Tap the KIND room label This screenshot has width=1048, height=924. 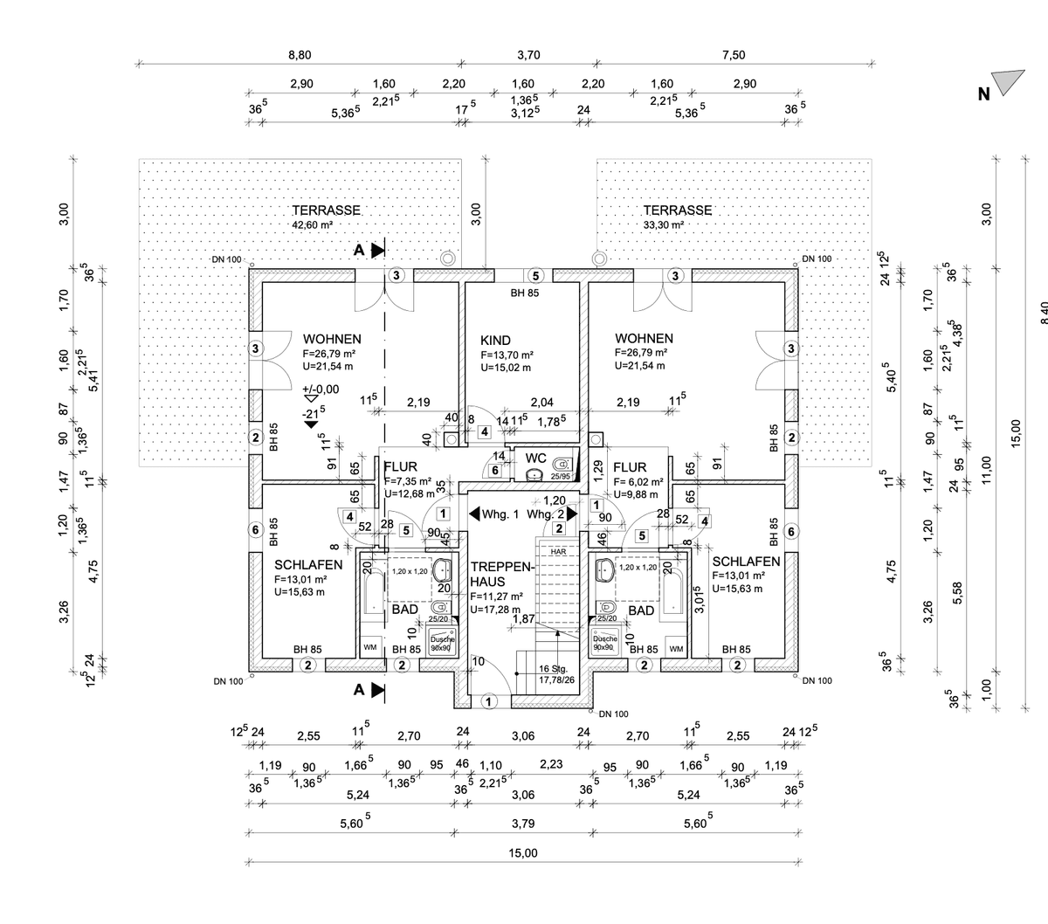pyautogui.click(x=495, y=341)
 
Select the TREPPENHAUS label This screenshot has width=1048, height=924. pyautogui.click(x=500, y=574)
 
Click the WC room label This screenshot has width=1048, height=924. pyautogui.click(x=536, y=458)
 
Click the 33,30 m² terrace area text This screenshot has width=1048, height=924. pyautogui.click(x=662, y=224)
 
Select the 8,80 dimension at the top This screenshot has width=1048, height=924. pyautogui.click(x=300, y=55)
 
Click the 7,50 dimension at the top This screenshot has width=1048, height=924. pyautogui.click(x=734, y=55)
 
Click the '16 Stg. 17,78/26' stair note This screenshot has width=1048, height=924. pyautogui.click(x=556, y=673)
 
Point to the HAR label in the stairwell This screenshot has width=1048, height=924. pyautogui.click(x=558, y=552)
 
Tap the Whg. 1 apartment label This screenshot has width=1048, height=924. pyautogui.click(x=500, y=515)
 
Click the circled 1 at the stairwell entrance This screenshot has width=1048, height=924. pyautogui.click(x=488, y=700)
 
